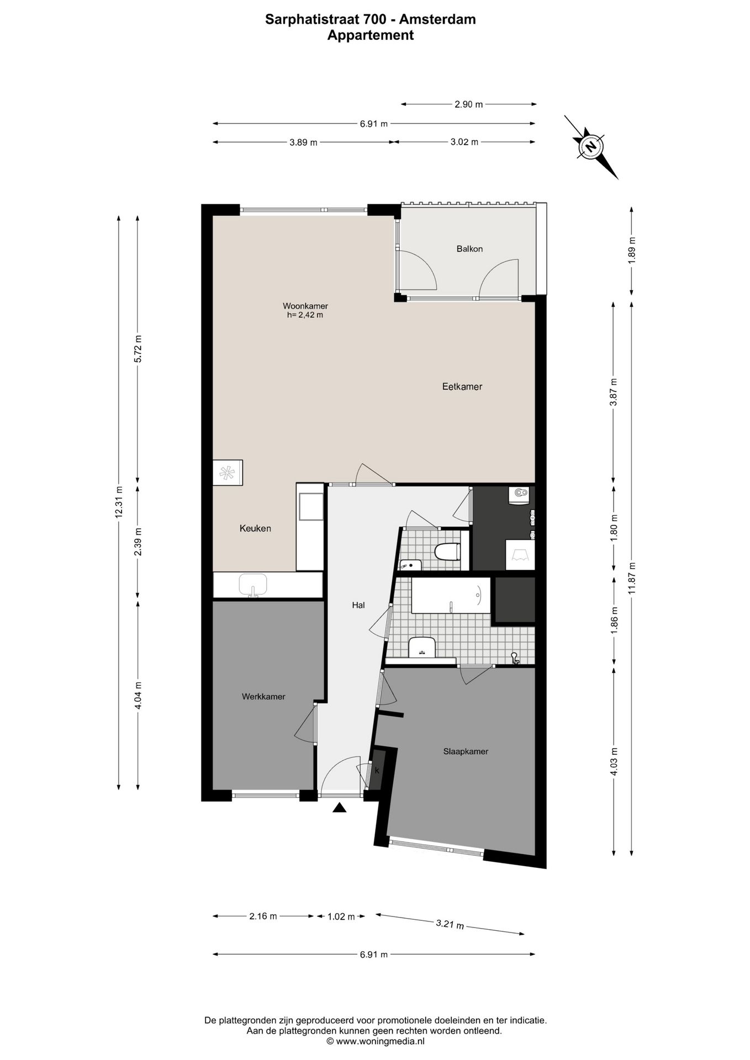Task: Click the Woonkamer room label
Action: pos(305,306)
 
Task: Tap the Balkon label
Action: pos(469,249)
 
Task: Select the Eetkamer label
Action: pos(462,386)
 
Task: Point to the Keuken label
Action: pos(255,528)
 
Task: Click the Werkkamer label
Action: pos(263,697)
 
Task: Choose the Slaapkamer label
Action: pos(466,751)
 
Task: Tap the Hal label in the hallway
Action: pos(358,605)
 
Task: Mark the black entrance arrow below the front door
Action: pos(339,808)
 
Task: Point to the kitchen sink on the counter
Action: pos(253,585)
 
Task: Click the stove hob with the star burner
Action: pos(228,473)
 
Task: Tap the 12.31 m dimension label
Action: pos(118,502)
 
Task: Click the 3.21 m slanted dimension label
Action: pos(450,924)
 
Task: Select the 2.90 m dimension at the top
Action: pos(469,104)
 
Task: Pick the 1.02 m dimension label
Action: pos(341,916)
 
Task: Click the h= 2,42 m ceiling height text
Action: pos(305,315)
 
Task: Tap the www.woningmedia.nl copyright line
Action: pos(376,1041)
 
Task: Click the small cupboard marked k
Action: pos(377,770)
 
